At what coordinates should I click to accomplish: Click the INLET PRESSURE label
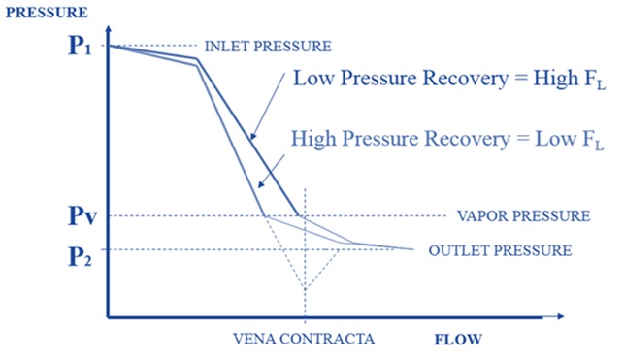click(268, 46)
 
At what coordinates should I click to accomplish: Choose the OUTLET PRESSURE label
click(499, 250)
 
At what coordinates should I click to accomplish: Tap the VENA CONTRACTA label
click(304, 339)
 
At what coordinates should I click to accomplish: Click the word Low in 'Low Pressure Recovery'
click(312, 80)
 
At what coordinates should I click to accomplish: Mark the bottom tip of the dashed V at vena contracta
click(305, 289)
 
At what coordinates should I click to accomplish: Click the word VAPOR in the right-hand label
click(479, 215)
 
